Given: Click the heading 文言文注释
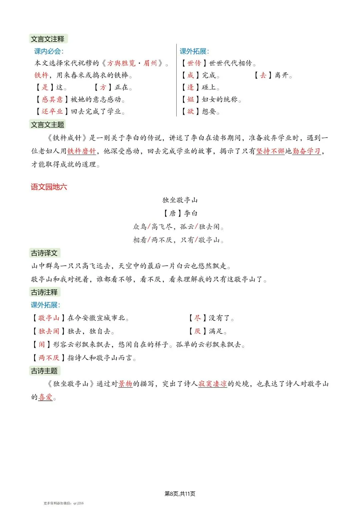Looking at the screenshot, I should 48,39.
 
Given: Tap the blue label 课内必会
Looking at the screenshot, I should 48,51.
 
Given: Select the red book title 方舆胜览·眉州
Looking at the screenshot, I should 132,63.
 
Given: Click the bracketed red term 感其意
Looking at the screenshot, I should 52,99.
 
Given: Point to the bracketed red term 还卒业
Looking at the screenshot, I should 52,111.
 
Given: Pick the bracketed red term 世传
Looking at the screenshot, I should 194,63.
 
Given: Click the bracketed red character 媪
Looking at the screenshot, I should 190,99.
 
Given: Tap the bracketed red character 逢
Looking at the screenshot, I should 190,87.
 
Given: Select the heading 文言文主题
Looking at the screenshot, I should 48,125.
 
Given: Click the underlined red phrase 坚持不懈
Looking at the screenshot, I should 270,151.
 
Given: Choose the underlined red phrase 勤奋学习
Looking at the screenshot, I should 306,151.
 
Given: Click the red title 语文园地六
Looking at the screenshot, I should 49,187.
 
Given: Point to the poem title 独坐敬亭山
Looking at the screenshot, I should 180,200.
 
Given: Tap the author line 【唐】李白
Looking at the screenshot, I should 180,213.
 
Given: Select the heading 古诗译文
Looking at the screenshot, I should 44,253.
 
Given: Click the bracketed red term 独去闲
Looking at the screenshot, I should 49,331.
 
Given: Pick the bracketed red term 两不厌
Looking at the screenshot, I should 49,358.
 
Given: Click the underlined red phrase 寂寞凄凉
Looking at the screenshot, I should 213,384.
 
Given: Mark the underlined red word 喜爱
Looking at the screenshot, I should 46,397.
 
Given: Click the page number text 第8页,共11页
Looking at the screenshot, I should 180,494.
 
